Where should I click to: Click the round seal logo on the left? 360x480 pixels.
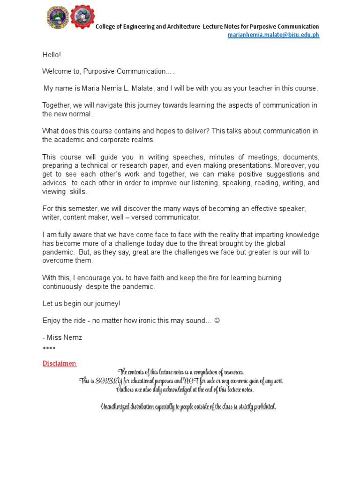tap(57, 18)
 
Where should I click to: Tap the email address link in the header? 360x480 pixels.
tap(274, 35)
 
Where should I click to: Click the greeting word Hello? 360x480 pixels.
tap(52, 55)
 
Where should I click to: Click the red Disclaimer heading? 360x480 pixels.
tap(60, 363)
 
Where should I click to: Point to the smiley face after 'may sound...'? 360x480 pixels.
tap(217, 321)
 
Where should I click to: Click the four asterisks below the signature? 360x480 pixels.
tap(49, 349)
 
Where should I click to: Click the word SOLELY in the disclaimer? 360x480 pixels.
tap(109, 381)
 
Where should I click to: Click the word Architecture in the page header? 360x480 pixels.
tap(183, 27)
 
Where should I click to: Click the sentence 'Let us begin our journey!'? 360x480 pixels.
tap(82, 304)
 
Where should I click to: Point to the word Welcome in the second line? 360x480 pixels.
tap(56, 71)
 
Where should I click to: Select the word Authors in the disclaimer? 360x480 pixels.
tap(126, 390)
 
